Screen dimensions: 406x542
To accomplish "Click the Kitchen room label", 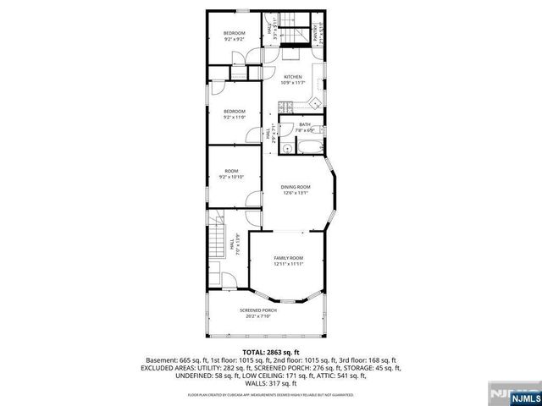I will (292, 76).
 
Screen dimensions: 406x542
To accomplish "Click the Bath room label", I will (305, 124).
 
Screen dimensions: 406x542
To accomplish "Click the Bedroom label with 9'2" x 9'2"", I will (235, 33).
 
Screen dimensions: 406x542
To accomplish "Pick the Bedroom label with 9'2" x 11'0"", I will (235, 111).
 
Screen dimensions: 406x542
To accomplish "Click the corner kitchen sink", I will (314, 104).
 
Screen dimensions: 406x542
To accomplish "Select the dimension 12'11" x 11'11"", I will (288, 264).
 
